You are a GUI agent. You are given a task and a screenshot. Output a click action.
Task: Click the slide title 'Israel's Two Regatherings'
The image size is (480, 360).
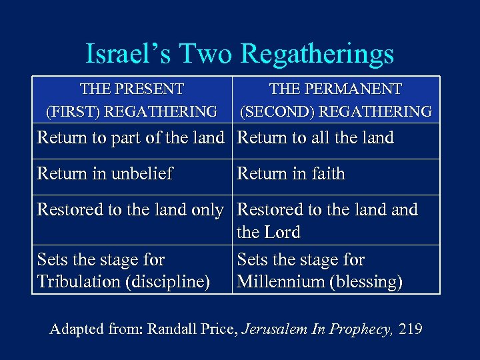pyautogui.click(x=240, y=54)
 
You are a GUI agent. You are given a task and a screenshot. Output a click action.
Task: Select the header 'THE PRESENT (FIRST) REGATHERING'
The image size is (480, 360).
pyautogui.click(x=131, y=100)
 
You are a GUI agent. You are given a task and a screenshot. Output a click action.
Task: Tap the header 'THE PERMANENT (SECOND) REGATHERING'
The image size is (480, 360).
pyautogui.click(x=335, y=100)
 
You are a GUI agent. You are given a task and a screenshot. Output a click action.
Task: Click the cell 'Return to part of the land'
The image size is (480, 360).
pyautogui.click(x=130, y=138)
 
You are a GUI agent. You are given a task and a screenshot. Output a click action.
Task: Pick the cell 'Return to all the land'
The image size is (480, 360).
pyautogui.click(x=315, y=138)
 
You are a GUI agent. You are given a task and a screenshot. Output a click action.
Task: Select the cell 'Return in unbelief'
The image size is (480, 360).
pyautogui.click(x=105, y=174)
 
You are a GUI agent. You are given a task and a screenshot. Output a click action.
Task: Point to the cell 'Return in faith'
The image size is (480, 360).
pyautogui.click(x=291, y=174)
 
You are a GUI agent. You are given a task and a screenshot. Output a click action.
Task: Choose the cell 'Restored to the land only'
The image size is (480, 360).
pyautogui.click(x=130, y=209)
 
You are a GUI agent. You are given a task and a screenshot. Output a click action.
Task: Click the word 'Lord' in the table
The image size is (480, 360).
pyautogui.click(x=282, y=233)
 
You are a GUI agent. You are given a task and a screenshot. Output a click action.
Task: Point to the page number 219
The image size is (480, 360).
pyautogui.click(x=410, y=329)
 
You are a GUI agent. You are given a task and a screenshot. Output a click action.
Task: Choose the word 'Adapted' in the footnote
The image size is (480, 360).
pyautogui.click(x=76, y=329)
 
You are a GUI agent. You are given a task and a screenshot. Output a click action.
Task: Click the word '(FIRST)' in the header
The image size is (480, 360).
pyautogui.click(x=71, y=111)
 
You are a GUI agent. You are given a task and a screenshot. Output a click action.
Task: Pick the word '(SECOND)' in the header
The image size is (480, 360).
pyautogui.click(x=274, y=111)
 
